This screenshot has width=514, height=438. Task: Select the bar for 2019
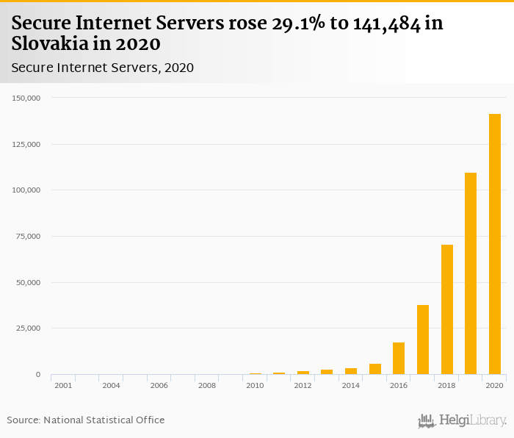click(471, 273)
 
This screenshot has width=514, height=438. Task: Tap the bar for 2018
click(446, 309)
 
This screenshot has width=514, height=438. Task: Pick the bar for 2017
click(423, 340)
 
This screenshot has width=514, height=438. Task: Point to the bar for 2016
click(399, 359)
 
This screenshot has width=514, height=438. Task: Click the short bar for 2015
click(374, 369)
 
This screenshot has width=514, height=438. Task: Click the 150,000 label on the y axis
click(28, 98)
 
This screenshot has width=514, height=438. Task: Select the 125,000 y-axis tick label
click(28, 144)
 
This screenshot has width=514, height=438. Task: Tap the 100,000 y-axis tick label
click(28, 190)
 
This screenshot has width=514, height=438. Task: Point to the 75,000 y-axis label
click(30, 236)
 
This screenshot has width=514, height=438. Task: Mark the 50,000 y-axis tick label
click(30, 282)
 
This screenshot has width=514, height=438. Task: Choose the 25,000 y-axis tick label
click(30, 328)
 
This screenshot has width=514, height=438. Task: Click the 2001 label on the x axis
click(63, 385)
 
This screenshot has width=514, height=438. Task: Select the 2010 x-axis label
click(255, 385)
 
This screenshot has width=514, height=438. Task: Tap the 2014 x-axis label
click(351, 385)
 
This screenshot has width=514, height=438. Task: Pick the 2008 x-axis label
click(207, 385)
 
